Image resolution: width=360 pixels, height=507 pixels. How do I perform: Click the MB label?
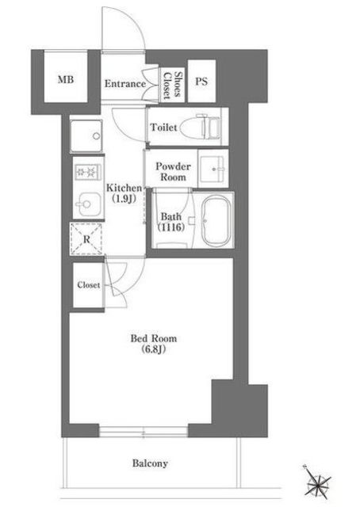point(66,79)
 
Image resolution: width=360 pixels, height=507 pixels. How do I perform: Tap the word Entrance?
point(125,84)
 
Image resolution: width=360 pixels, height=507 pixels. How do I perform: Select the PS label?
point(201,81)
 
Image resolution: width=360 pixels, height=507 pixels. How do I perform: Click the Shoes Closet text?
point(171,85)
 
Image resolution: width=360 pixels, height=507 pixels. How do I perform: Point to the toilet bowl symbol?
point(200,127)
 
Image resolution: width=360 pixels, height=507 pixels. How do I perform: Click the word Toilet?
point(163,128)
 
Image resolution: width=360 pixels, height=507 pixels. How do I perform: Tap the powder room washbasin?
point(213,169)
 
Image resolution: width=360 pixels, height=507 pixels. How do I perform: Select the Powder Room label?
point(173,172)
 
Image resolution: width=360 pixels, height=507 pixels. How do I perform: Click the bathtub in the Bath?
point(216,220)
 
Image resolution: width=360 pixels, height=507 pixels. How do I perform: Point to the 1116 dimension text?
point(171,227)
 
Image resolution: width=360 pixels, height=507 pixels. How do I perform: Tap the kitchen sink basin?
point(88,204)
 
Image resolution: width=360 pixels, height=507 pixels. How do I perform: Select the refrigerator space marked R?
point(86,239)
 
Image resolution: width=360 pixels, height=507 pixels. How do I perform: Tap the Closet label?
point(88,285)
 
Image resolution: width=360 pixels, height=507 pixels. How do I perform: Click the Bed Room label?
point(154,338)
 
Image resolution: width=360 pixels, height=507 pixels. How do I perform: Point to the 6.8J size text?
point(154,349)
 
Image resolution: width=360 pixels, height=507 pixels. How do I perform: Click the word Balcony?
point(150,463)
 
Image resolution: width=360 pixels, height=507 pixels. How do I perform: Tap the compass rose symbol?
point(317,481)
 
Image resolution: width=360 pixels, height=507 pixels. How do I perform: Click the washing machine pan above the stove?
point(86,136)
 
